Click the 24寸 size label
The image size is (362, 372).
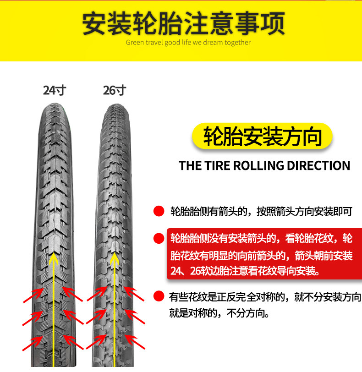point(55,90)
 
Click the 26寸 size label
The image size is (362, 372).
point(114,90)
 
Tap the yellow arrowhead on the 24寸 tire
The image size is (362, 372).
point(54,258)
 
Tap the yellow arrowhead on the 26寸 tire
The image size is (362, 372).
point(112,258)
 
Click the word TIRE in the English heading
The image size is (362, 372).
point(216,165)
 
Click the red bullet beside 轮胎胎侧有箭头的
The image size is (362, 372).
point(159,211)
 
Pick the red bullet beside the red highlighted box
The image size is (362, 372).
point(159,238)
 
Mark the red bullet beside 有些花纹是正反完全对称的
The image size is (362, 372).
point(159,296)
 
